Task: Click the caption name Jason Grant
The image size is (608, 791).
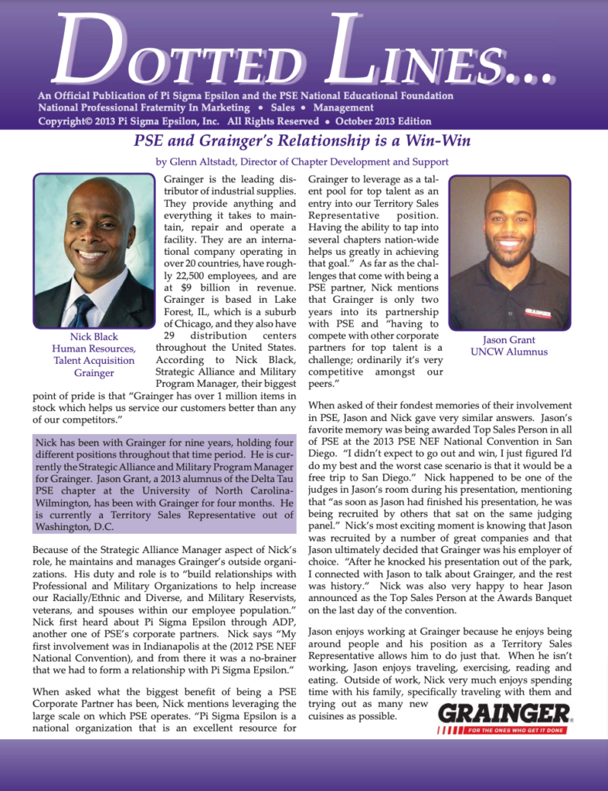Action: point(509,340)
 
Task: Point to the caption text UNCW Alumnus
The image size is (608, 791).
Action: point(509,352)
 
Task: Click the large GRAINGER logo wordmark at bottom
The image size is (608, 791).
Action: point(504,713)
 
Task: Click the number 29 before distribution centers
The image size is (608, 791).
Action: point(174,337)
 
